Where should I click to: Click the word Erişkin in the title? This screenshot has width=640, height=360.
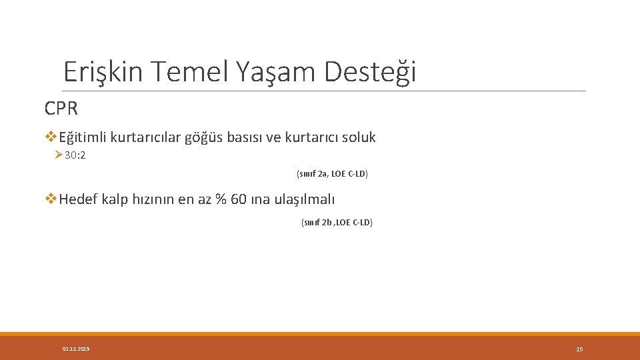[x=103, y=71]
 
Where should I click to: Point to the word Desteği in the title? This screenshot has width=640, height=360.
[x=371, y=71]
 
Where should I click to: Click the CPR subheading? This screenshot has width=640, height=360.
[x=61, y=108]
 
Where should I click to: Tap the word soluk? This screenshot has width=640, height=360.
[x=359, y=138]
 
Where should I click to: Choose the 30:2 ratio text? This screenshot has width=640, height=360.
[x=75, y=155]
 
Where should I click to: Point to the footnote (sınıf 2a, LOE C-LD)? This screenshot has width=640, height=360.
[x=332, y=174]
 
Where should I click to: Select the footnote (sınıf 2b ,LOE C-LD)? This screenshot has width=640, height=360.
[x=337, y=223]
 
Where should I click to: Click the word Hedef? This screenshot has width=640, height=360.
[x=79, y=199]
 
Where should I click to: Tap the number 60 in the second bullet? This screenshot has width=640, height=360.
[x=239, y=199]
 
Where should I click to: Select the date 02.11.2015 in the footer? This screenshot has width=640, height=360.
[x=75, y=349]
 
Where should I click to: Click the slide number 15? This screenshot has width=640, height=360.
[x=579, y=349]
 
